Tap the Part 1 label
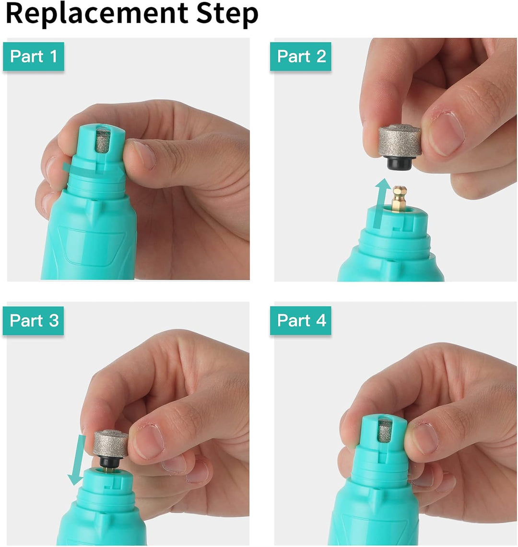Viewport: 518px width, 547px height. tap(34, 57)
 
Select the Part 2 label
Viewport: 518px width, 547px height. tap(301, 57)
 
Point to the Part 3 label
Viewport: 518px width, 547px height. tap(34, 320)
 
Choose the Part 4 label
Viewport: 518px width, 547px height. tap(301, 320)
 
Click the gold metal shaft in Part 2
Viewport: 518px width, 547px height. tap(399, 198)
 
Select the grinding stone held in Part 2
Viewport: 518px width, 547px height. tap(400, 141)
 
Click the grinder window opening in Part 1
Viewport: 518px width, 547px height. tap(103, 140)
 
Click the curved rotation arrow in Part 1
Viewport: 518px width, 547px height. tap(93, 170)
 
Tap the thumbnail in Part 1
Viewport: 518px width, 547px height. tap(144, 155)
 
